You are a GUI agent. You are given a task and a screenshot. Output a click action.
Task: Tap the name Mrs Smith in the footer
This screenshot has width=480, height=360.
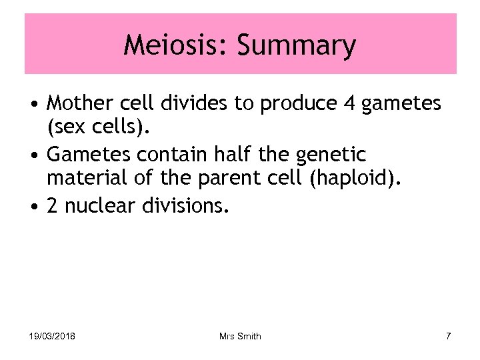click(240, 336)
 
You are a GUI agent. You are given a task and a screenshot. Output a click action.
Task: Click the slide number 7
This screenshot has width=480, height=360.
click(448, 336)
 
